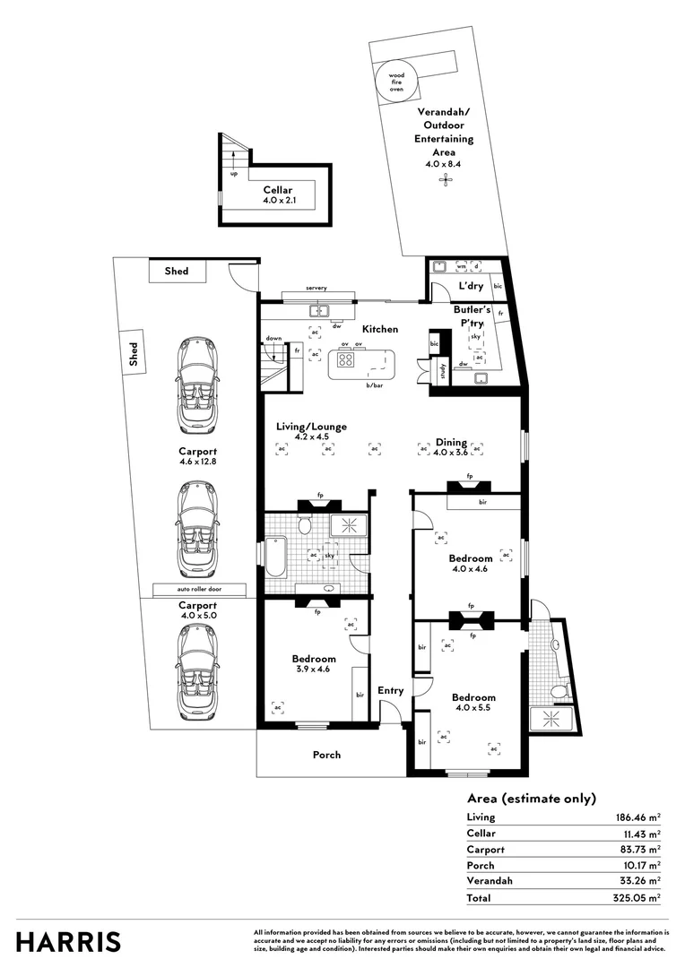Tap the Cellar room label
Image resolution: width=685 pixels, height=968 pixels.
point(279,190)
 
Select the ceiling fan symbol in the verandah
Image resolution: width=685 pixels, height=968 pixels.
point(444,181)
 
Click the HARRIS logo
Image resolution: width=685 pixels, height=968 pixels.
point(69,941)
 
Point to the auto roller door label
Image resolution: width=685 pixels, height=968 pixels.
point(199,590)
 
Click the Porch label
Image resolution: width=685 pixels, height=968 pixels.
point(326,755)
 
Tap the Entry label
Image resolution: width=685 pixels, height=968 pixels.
point(390,690)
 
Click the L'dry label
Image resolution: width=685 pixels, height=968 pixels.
point(471,286)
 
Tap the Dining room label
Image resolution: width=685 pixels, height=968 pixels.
point(451,442)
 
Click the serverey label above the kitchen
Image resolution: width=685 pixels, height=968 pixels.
point(316,288)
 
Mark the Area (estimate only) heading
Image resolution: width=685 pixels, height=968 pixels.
point(532,799)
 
